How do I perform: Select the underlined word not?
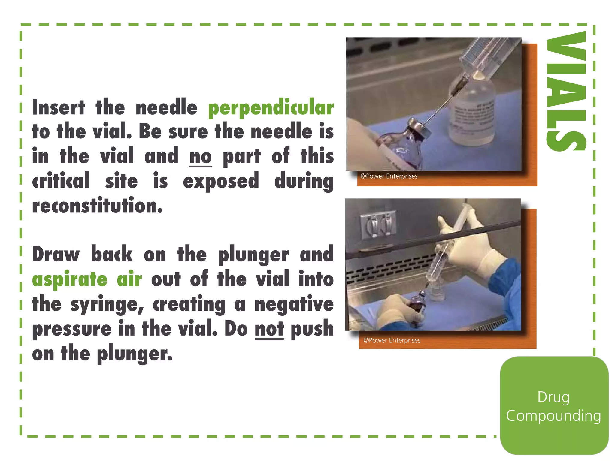click(269, 329)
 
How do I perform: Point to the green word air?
click(129, 279)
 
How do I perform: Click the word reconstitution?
click(97, 206)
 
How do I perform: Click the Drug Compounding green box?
click(554, 406)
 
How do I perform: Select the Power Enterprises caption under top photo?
click(389, 176)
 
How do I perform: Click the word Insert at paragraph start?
click(59, 107)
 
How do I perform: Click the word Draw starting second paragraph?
click(56, 255)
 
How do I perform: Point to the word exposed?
click(221, 182)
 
